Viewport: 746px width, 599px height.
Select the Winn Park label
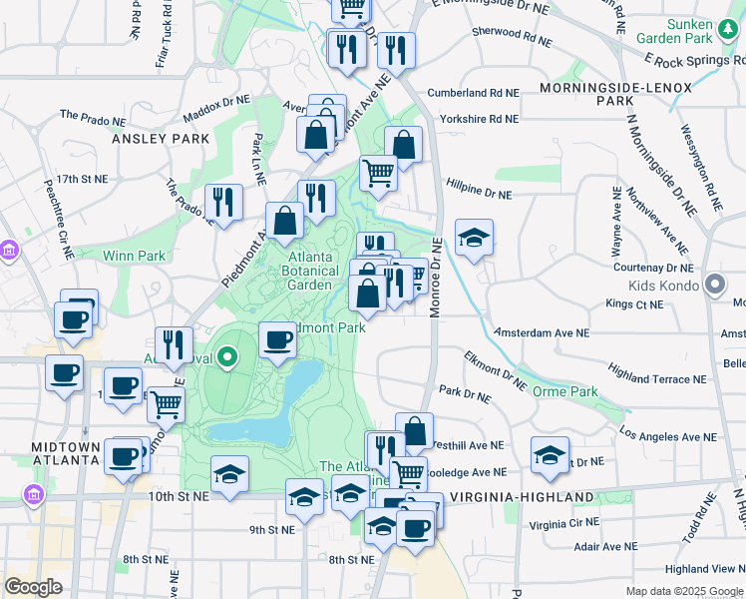click(x=135, y=256)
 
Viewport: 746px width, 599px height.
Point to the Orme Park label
click(x=565, y=391)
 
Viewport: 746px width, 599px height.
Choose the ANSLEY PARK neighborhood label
click(x=160, y=138)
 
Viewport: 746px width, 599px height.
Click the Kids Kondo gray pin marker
click(x=715, y=286)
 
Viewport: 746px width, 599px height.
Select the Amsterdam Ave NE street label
click(x=542, y=332)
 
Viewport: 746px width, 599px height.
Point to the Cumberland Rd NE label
click(x=474, y=93)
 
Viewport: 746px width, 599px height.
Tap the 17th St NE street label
click(x=82, y=179)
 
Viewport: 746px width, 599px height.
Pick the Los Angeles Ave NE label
click(x=668, y=436)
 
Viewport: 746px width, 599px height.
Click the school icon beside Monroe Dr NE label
click(x=475, y=239)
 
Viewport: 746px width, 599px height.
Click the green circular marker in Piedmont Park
click(x=228, y=355)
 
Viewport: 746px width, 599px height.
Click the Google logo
click(x=33, y=588)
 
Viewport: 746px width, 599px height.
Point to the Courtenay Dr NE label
click(x=653, y=269)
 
